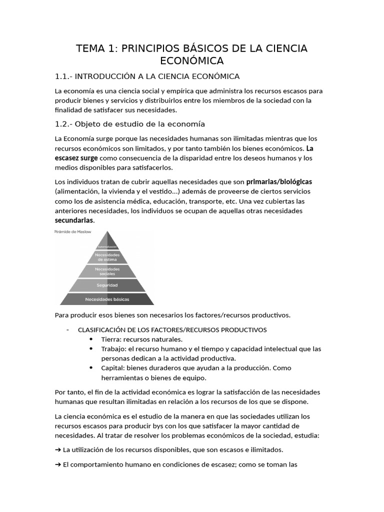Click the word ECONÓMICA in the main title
pyautogui.click(x=191, y=61)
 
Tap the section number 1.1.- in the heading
pyautogui.click(x=63, y=76)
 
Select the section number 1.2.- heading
pyautogui.click(x=63, y=124)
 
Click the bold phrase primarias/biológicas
pyautogui.click(x=279, y=181)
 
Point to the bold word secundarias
pyautogui.click(x=74, y=220)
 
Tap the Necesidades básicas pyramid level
pyautogui.click(x=107, y=299)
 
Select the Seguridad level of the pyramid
pyautogui.click(x=107, y=285)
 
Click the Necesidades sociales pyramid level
pyautogui.click(x=107, y=271)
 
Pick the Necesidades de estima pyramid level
pyautogui.click(x=107, y=257)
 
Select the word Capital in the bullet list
pyautogui.click(x=112, y=368)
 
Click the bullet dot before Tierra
pyautogui.click(x=91, y=339)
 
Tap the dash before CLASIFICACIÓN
pyautogui.click(x=67, y=329)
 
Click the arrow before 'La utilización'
pyautogui.click(x=58, y=449)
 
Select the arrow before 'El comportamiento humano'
pyautogui.click(x=58, y=464)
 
